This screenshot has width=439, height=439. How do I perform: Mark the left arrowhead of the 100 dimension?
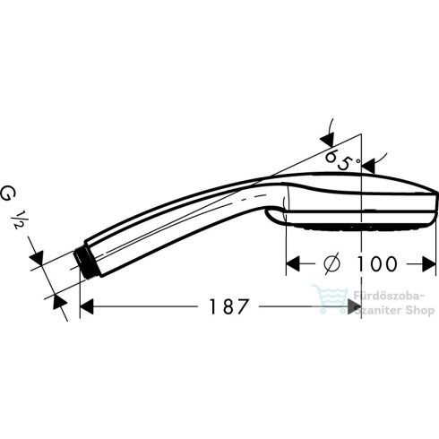(291, 264)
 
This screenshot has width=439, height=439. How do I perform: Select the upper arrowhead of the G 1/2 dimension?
(39, 259)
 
